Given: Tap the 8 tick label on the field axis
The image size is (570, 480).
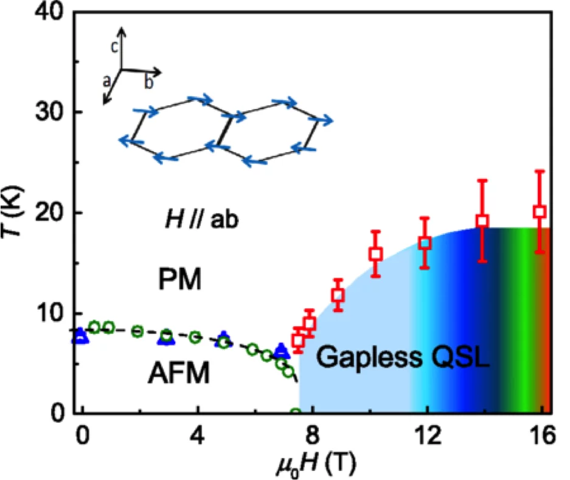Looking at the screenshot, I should [313, 436].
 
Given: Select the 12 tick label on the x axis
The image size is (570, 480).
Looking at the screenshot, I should [426, 436].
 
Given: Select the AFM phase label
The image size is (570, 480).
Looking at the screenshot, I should [178, 373].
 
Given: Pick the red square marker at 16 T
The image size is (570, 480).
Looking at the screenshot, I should [539, 212].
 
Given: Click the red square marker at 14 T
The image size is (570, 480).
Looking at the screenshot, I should [482, 221].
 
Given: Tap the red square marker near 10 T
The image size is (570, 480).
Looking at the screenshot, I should [375, 253].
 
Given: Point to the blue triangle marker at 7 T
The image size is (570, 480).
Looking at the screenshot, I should [280, 350].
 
